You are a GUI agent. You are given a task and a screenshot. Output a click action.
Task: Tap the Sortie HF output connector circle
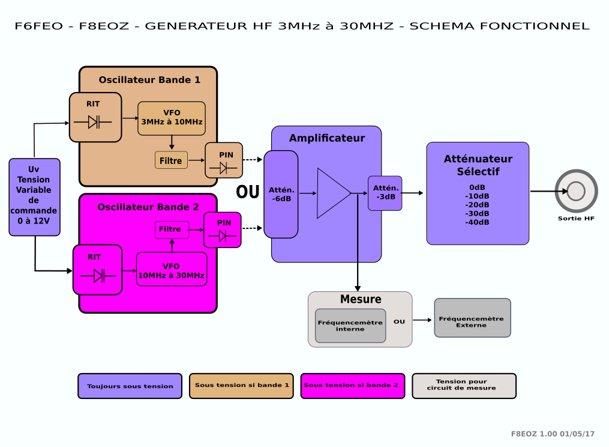(576, 191)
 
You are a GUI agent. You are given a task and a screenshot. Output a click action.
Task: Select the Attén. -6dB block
(281, 194)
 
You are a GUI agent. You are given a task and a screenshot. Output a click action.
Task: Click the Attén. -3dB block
(385, 193)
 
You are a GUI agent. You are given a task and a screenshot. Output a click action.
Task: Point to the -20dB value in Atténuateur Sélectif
(477, 205)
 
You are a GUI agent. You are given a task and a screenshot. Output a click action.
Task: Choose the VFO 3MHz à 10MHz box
(172, 118)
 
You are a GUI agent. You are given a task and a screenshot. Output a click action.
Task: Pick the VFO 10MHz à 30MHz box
(172, 269)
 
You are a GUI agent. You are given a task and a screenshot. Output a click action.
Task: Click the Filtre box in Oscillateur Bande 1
(171, 160)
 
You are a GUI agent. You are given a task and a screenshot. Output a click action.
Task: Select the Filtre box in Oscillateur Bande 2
(172, 230)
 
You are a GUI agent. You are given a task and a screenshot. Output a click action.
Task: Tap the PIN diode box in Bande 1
(224, 160)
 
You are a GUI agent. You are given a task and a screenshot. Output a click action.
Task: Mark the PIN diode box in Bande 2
(222, 230)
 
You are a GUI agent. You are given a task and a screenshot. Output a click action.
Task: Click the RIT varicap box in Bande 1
(95, 117)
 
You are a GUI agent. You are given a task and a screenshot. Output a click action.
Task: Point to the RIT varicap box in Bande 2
(97, 270)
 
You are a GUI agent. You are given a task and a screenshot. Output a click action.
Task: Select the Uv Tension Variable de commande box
(34, 196)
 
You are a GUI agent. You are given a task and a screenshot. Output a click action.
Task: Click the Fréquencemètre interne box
(350, 326)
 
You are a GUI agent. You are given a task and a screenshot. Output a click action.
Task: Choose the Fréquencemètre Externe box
(472, 318)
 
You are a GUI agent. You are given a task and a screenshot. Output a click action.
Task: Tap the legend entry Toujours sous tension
(130, 386)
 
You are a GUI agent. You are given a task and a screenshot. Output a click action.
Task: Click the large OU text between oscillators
(248, 192)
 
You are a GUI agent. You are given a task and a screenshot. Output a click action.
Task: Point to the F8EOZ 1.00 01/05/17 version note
(553, 434)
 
